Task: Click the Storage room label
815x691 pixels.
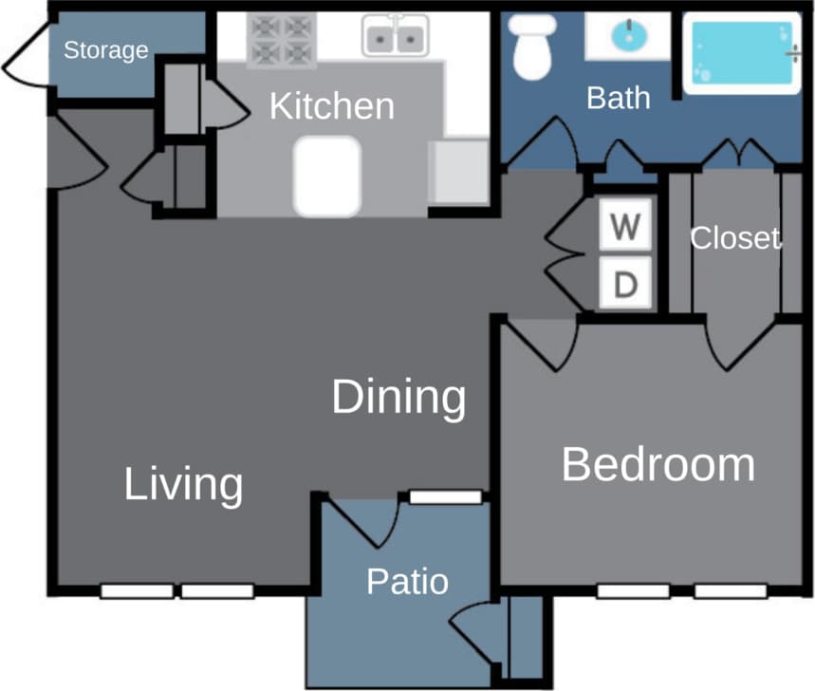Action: (x=105, y=50)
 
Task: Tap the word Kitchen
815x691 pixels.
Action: (x=331, y=105)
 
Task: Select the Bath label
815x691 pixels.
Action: (x=619, y=97)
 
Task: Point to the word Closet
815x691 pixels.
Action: (x=734, y=238)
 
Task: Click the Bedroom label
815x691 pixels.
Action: (x=658, y=465)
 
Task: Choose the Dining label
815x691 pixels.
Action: (x=398, y=397)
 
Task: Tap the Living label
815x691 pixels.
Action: (x=183, y=485)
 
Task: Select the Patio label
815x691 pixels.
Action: (x=407, y=581)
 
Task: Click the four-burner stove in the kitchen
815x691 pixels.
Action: (x=281, y=40)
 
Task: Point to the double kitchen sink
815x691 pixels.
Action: (x=394, y=39)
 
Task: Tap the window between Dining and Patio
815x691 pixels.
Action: (x=445, y=496)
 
